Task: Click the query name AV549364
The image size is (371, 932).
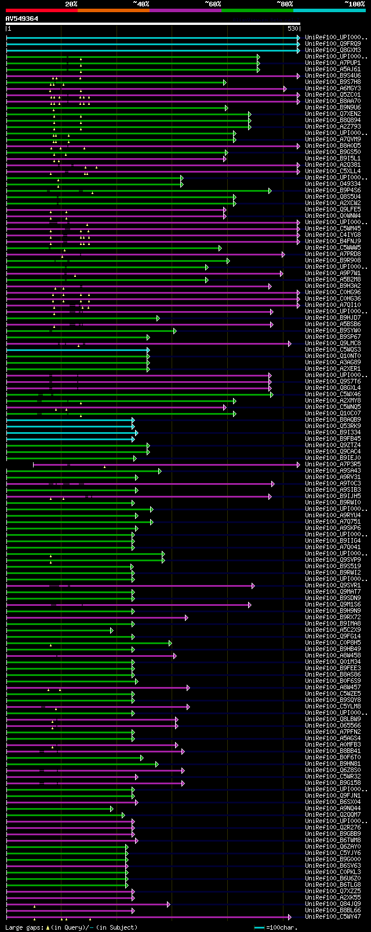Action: click(x=22, y=19)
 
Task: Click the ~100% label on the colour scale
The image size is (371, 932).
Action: click(x=354, y=3)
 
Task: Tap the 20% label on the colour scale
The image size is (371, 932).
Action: click(x=71, y=3)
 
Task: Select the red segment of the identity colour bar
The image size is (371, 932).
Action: click(x=41, y=10)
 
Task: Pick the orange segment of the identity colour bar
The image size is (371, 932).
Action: click(x=113, y=10)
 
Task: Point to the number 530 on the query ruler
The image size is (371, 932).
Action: click(x=293, y=28)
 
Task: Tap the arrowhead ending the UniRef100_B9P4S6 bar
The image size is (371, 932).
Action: click(x=270, y=191)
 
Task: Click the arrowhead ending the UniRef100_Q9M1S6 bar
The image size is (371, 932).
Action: click(x=250, y=605)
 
